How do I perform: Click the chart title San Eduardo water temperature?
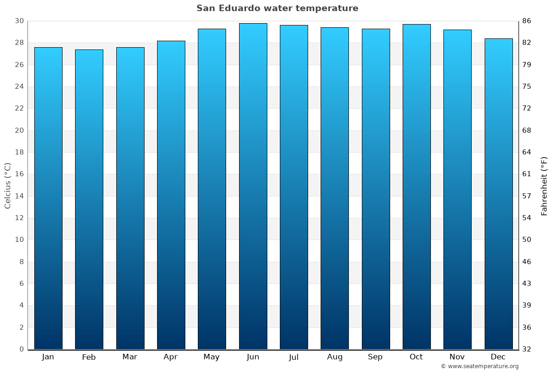click(277, 8)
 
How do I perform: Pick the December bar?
click(499, 194)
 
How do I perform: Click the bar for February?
click(89, 199)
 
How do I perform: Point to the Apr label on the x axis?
click(171, 357)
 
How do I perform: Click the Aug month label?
click(335, 357)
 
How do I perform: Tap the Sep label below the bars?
click(375, 357)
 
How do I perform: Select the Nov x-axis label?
click(457, 357)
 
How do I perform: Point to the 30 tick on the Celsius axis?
click(19, 21)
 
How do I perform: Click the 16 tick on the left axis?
click(19, 174)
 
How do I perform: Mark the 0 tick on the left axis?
click(21, 349)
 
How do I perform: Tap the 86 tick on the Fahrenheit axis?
click(527, 21)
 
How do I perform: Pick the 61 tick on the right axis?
click(527, 174)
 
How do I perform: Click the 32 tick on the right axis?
click(527, 349)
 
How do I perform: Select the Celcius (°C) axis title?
click(8, 185)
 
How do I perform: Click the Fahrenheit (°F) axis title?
click(544, 185)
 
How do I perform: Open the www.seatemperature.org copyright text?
click(480, 366)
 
